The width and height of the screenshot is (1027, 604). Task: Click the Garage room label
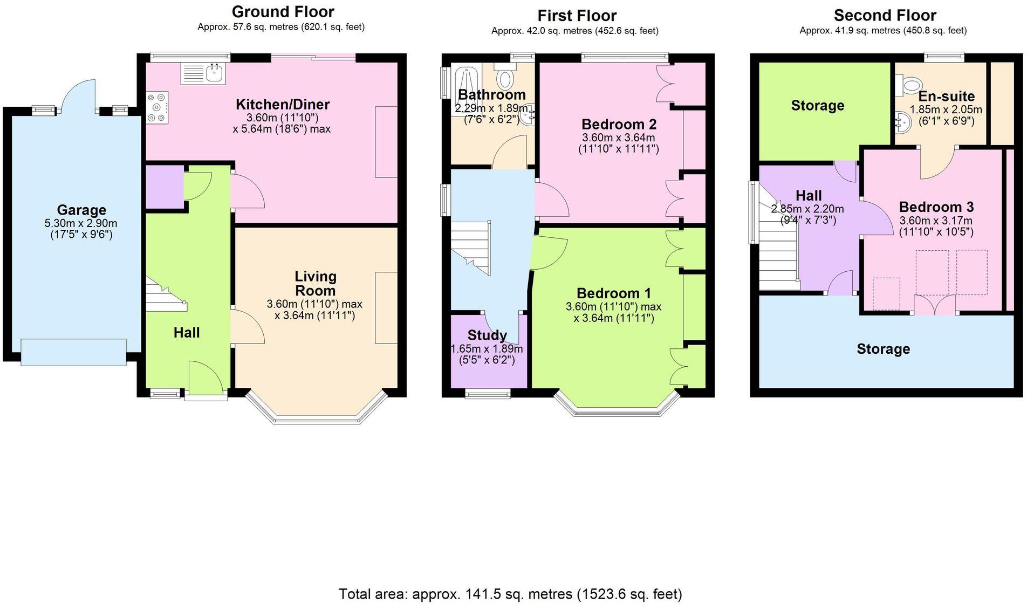81,210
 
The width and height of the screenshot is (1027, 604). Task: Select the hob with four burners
157,107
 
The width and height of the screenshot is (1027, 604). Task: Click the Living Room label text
315,284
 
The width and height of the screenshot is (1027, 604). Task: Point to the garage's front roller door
73,352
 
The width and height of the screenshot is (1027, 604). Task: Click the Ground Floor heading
283,11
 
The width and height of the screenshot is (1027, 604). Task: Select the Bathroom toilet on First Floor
505,78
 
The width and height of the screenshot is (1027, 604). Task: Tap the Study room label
487,335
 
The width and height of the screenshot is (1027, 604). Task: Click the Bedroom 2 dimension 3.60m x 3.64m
618,138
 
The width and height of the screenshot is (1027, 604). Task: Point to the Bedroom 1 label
613,293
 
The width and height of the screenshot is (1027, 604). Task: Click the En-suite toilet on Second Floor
910,85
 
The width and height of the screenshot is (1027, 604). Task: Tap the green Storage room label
817,106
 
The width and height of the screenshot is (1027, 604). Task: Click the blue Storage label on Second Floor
883,349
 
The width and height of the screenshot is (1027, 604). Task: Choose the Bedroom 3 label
936,207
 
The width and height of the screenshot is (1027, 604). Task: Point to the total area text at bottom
510,594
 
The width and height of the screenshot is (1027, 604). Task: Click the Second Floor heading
885,15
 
